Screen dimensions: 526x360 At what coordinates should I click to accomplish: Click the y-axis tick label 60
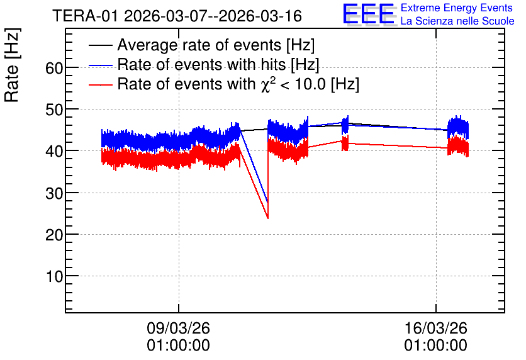pos(54,69)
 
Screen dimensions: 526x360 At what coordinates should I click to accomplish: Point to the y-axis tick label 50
pos(54,110)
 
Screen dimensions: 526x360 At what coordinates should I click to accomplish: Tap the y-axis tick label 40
pos(54,152)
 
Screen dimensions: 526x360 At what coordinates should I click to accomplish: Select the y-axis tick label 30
pos(54,194)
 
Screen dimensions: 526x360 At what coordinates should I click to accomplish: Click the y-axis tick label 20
pos(54,235)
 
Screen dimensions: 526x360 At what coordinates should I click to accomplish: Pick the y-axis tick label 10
pos(54,277)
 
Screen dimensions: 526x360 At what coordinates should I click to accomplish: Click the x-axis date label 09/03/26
pos(178,328)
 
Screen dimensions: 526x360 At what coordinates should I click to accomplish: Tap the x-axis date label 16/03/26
pos(436,328)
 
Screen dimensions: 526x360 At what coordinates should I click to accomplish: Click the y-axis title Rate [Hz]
pos(12,65)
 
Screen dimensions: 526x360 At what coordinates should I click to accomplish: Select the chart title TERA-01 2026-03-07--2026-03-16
pos(177,16)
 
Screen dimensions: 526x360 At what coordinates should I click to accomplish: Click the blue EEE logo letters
pos(369,14)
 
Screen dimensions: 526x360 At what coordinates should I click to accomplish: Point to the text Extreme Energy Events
pos(457,8)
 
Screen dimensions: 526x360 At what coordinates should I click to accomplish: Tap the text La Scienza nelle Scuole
pos(457,21)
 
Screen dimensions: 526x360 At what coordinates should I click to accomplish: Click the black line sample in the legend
pos(101,45)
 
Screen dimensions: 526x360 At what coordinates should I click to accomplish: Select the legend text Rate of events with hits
pos(202,64)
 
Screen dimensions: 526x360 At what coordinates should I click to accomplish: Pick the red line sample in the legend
pos(101,84)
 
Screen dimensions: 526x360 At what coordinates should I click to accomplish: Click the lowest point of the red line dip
pos(267,218)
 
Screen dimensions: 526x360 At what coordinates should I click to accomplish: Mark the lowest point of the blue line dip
pos(267,203)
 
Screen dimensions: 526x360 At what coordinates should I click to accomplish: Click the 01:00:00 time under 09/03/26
pos(178,346)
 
